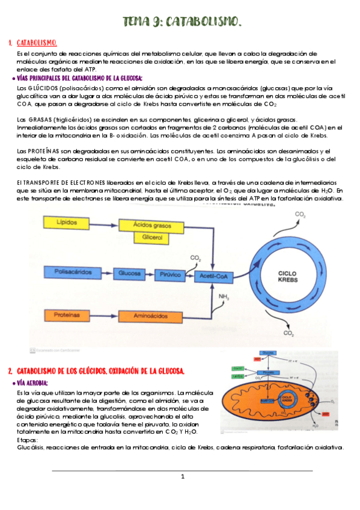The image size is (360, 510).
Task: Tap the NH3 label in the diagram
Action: pyautogui.click(x=224, y=296)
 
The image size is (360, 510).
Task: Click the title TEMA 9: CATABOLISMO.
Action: pyautogui.click(x=182, y=23)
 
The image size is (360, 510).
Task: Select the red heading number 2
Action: pyautogui.click(x=10, y=370)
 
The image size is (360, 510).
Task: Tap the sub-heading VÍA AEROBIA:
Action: pyautogui.click(x=33, y=382)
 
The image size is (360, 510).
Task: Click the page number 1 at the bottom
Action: pyautogui.click(x=183, y=477)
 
